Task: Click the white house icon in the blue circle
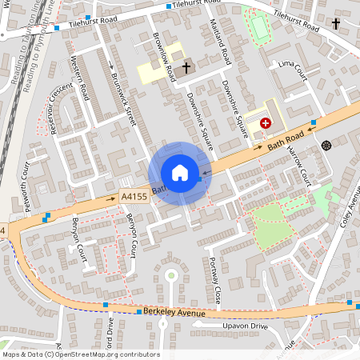point(180,173)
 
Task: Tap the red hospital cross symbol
point(265,123)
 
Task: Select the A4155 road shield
point(133,195)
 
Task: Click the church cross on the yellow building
point(187,68)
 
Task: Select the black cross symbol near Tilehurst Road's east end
point(335,24)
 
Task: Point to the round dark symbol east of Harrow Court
point(326,145)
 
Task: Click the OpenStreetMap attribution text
point(81,354)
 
